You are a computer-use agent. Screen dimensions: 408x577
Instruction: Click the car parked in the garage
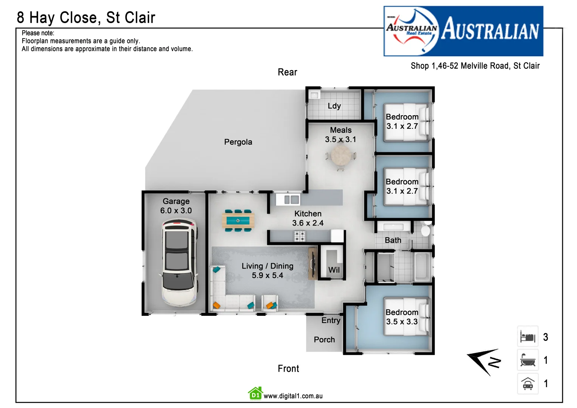coord(179,263)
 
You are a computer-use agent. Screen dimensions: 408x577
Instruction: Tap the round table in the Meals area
coord(341,155)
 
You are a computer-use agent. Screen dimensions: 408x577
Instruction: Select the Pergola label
coord(238,142)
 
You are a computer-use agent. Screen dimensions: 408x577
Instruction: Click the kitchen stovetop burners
coord(300,236)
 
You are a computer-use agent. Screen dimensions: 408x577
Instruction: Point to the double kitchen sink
coord(291,199)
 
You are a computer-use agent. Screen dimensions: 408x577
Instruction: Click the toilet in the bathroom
coord(426,230)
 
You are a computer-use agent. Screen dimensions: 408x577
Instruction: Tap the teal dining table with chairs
coord(238,220)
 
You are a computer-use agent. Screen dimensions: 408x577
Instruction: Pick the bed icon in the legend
coord(527,337)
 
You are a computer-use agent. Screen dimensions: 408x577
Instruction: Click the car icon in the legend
coord(527,384)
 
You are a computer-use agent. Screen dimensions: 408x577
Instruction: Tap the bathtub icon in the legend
coord(527,360)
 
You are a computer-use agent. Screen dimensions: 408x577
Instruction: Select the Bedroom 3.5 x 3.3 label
coord(402,317)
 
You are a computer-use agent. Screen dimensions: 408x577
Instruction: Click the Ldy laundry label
coord(334,106)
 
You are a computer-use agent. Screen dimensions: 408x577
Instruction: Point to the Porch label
coord(324,340)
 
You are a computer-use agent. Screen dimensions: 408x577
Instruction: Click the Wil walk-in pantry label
coord(334,270)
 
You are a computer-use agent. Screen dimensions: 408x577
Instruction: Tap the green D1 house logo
coord(255,394)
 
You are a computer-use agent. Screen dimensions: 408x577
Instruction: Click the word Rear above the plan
coord(287,72)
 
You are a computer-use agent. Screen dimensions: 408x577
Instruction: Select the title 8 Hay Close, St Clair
coord(86,18)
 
